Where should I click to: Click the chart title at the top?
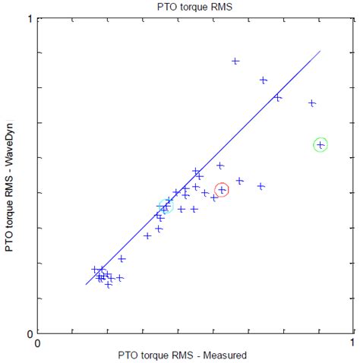point(194,7)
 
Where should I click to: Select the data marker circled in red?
point(222,190)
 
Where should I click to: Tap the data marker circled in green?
point(320,144)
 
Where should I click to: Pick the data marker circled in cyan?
point(165,206)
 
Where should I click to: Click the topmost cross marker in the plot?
point(235,61)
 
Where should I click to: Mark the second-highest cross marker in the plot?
point(264,80)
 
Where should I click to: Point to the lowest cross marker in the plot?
point(109,285)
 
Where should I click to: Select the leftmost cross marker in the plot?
point(95,269)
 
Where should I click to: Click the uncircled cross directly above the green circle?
point(311,103)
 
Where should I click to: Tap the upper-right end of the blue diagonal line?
point(321,52)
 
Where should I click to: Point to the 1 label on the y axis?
point(30,19)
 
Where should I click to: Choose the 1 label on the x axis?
point(352,342)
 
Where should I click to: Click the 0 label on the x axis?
point(39,342)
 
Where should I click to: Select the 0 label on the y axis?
point(30,333)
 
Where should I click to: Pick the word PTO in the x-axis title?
point(128,355)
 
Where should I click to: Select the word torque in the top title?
point(193,7)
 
